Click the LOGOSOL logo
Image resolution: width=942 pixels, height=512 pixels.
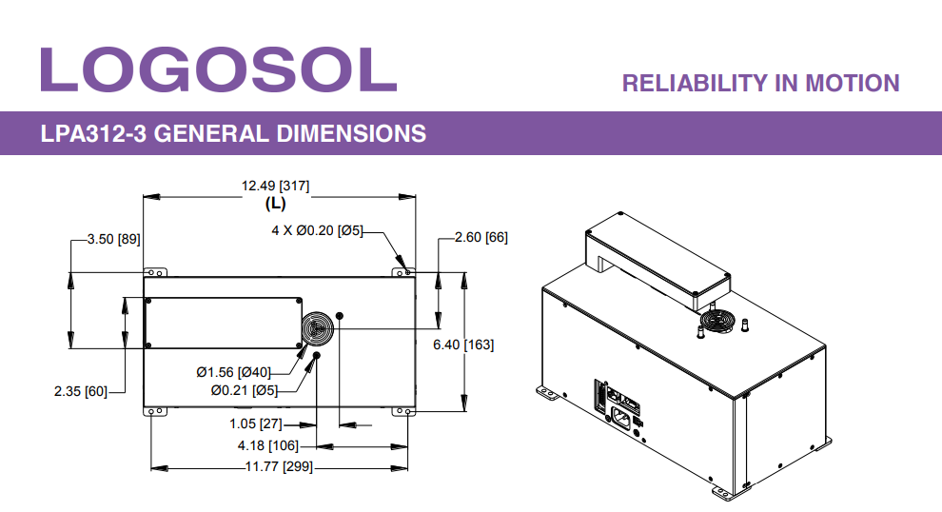[218, 68]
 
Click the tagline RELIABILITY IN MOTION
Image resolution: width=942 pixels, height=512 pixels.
[760, 84]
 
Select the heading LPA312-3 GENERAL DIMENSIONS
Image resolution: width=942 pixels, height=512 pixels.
[233, 133]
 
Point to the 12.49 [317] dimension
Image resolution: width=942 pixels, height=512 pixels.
[275, 186]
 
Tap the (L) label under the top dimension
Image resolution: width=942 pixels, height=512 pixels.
[275, 203]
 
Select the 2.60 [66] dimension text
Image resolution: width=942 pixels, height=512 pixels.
[481, 238]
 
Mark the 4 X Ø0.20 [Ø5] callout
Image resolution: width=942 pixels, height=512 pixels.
[318, 229]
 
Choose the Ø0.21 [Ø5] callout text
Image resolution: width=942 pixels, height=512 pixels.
[245, 389]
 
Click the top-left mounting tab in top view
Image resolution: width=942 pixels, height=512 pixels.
[155, 272]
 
